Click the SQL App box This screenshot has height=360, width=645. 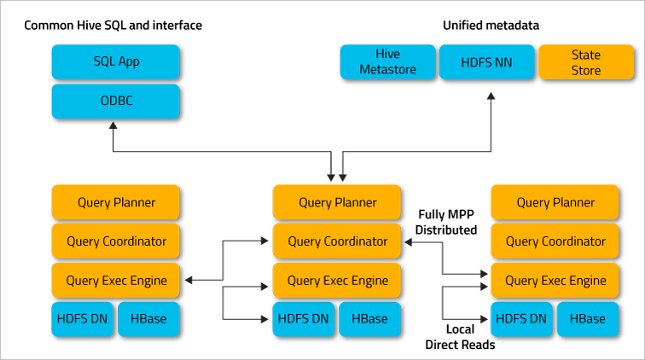(116, 61)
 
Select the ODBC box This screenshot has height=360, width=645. (116, 101)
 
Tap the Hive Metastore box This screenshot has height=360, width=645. (387, 61)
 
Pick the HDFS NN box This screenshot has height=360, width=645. (486, 61)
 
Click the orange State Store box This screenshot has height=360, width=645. (585, 61)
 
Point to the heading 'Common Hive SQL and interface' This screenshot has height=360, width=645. (113, 26)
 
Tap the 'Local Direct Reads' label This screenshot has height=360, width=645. (460, 337)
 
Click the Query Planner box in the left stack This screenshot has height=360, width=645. (116, 202)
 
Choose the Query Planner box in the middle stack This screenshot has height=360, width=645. (337, 202)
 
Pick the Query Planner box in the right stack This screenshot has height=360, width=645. (555, 202)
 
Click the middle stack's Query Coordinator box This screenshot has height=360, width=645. (337, 241)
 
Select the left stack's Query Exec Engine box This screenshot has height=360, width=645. (116, 280)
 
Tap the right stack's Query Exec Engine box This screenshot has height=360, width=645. (555, 280)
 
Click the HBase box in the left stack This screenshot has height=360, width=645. (148, 319)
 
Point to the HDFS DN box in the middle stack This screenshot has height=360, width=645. (304, 319)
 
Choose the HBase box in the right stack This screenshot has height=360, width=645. (589, 319)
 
